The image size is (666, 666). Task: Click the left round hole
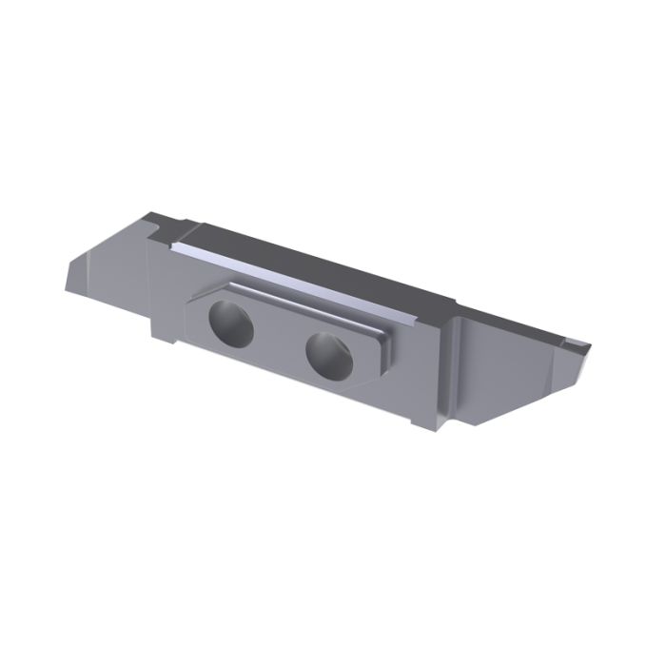[231, 325]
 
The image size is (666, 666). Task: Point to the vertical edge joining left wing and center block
[150, 285]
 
